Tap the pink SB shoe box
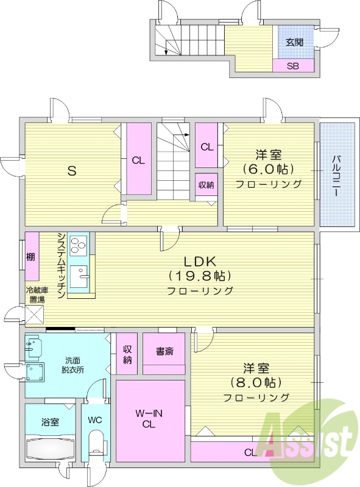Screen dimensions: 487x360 (294, 65)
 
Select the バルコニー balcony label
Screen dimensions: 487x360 (336, 175)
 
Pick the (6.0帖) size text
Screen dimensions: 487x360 (268, 169)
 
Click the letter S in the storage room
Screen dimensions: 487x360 (71, 170)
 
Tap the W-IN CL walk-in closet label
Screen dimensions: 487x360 (149, 419)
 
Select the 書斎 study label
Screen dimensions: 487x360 (164, 351)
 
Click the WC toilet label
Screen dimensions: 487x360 (95, 420)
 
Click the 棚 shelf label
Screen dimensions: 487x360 (30, 258)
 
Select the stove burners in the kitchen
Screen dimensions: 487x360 (78, 246)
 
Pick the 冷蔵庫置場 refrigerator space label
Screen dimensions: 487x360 (35, 295)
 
